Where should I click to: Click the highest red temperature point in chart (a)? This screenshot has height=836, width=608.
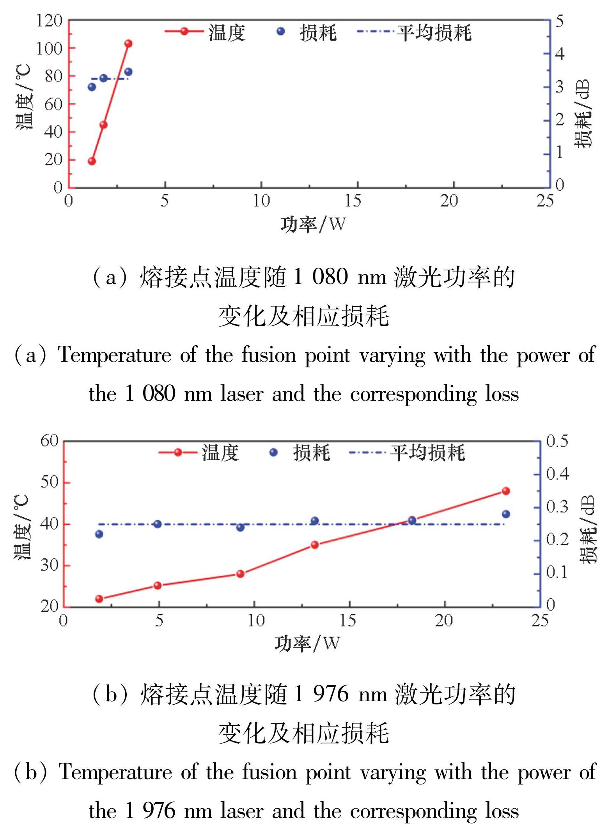128,43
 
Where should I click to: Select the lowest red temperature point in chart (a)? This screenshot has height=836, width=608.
92,161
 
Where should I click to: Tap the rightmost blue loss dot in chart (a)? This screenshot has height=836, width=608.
128,72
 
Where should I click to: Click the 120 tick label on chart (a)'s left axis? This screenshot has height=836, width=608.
49,20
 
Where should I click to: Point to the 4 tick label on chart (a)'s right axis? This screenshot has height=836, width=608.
560,53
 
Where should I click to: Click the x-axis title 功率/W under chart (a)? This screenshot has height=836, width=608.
313,224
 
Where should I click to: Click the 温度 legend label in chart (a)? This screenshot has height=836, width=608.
227,32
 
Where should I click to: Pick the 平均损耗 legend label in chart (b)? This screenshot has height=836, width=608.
427,452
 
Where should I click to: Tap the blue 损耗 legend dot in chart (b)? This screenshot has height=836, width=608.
274,452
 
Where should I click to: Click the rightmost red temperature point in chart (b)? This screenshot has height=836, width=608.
506,491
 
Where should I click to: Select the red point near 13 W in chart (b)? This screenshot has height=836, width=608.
315,544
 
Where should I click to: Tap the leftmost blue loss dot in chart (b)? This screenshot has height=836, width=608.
99,534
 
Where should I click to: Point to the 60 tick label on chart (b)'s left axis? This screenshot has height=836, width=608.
49,441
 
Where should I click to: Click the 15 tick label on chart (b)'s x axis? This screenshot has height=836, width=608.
348,620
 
